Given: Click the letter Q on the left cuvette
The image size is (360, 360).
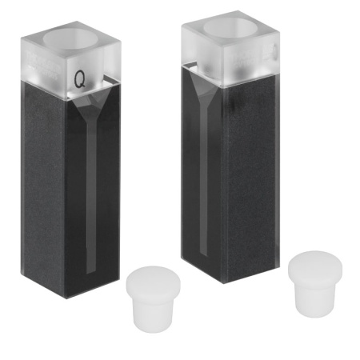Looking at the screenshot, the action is coord(80,79).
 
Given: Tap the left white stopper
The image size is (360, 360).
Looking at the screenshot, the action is coord(153,298).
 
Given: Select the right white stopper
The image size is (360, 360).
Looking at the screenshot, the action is coord(315,284).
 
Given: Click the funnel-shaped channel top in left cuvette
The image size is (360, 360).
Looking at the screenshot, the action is coord(90,106).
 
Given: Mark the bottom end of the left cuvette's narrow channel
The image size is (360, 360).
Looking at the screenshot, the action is coord(91,274).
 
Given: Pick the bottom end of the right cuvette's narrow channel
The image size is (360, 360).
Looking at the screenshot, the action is coord(203,257).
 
